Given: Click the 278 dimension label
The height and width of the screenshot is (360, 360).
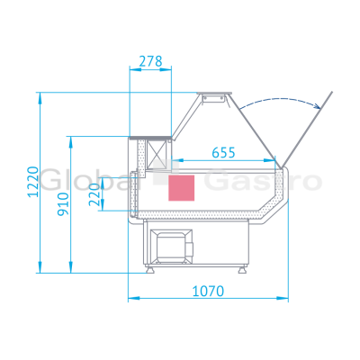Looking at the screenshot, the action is click(x=150, y=61).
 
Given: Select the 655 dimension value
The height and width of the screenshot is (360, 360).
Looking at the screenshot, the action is click(x=223, y=153).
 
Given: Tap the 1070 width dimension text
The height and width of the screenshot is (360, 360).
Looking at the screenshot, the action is click(x=208, y=291).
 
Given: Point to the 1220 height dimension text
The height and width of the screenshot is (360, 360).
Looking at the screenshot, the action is click(x=33, y=182).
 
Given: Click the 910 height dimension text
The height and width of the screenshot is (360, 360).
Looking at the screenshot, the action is click(x=63, y=204).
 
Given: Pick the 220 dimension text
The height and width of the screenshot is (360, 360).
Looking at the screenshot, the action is click(x=94, y=194).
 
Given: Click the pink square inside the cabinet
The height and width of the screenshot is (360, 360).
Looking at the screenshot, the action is click(x=181, y=188).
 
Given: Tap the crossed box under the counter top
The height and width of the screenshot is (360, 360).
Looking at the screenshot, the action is click(x=156, y=153).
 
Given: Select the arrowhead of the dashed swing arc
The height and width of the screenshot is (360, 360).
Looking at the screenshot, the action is click(x=316, y=105).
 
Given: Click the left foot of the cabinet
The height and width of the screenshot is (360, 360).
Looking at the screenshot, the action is click(x=150, y=270).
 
